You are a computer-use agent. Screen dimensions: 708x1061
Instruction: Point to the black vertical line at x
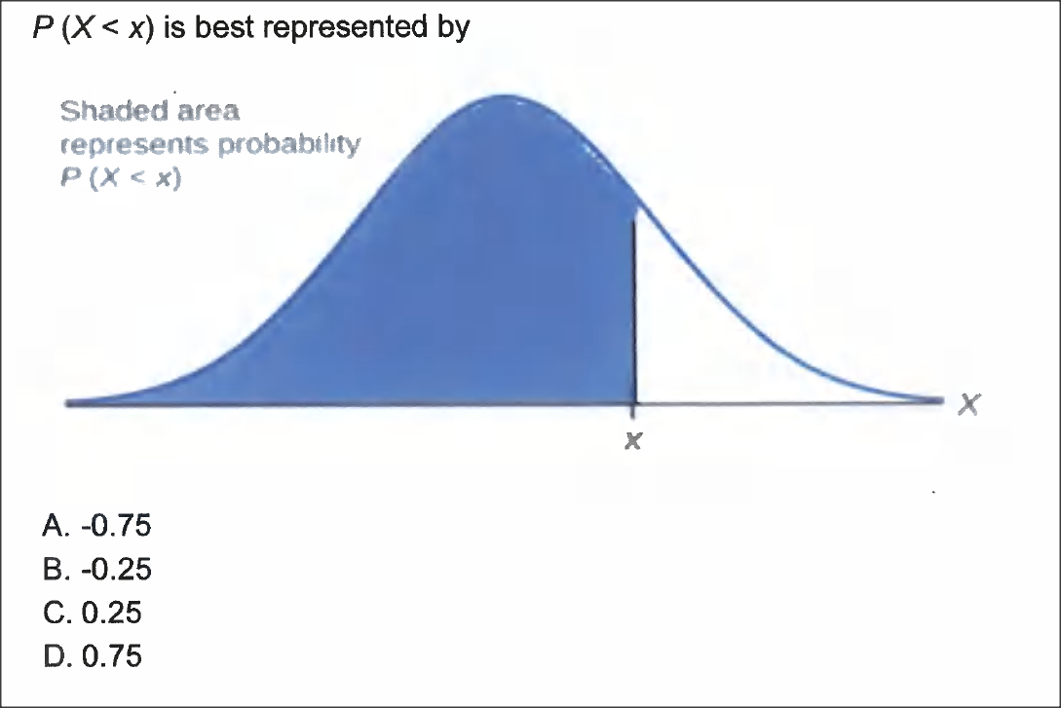pos(635,312)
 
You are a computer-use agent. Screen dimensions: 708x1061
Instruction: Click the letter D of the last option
pos(54,655)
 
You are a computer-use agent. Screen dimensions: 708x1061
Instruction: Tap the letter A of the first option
pos(54,526)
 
